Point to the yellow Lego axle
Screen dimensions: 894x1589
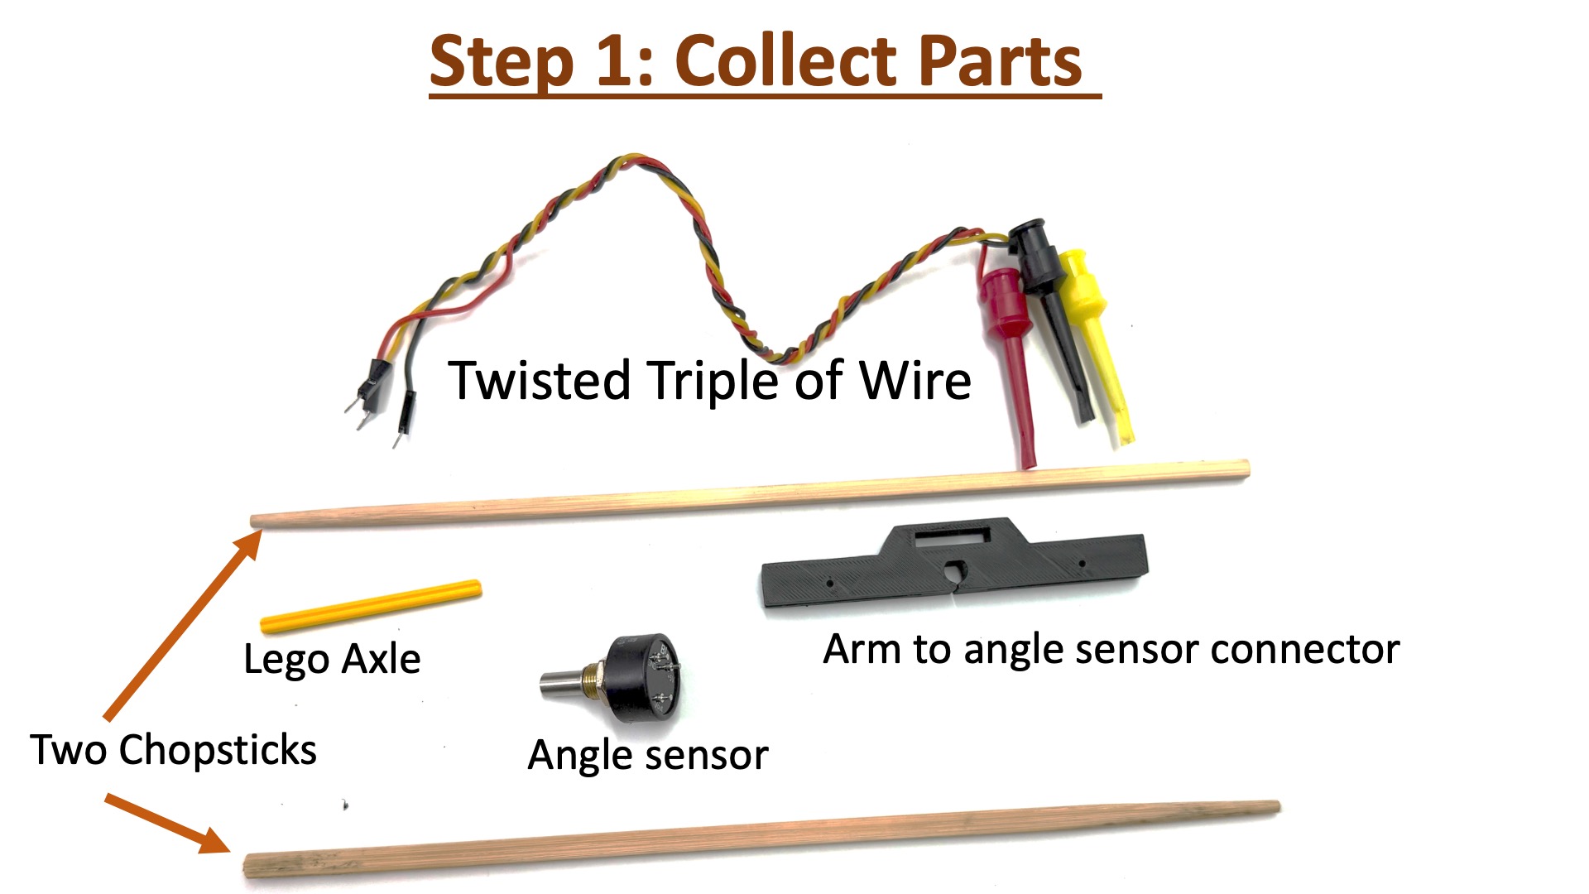(x=370, y=606)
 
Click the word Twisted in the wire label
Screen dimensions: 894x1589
(x=540, y=381)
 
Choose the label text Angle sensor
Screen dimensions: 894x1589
(x=648, y=755)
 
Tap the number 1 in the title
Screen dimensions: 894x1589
(x=613, y=61)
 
